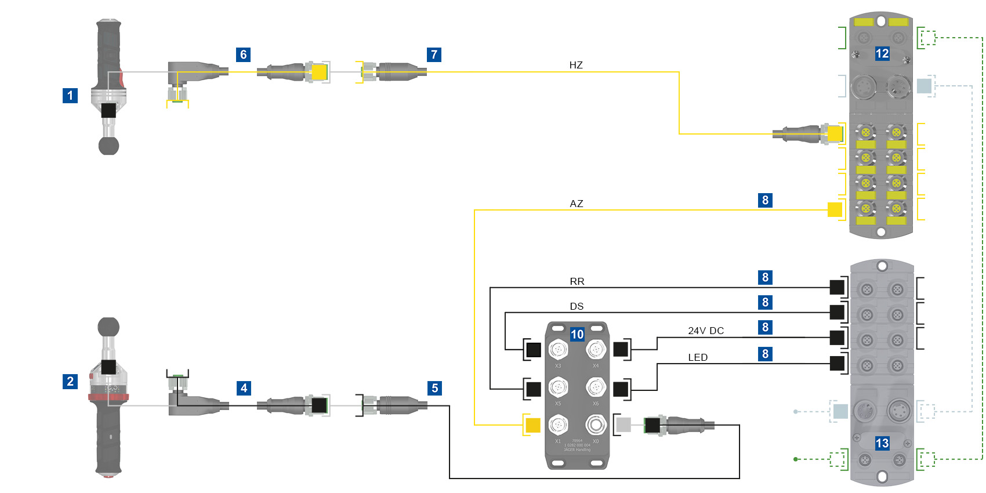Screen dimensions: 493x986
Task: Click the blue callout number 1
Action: pos(70,95)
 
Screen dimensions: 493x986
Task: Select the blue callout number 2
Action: pos(70,381)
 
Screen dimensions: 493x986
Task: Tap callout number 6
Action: pos(244,55)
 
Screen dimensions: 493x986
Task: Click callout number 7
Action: pos(434,55)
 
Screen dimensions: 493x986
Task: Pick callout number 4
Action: pos(244,388)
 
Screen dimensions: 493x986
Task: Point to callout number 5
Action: pos(434,388)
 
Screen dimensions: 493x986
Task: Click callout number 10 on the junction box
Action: pos(577,334)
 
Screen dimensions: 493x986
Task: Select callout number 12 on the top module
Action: pos(882,54)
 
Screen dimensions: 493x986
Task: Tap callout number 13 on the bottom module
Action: pos(882,443)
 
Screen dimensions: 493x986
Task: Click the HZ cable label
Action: pos(576,65)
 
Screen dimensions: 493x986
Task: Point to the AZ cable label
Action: pos(577,204)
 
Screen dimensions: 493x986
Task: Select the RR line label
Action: pos(577,281)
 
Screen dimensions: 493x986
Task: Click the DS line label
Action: pos(577,306)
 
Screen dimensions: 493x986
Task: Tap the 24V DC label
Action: pos(706,331)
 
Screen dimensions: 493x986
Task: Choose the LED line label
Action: pos(698,357)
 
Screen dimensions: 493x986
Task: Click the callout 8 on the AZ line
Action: pos(765,200)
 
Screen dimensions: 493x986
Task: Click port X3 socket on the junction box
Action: pos(558,350)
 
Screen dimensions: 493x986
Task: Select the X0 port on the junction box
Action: pos(595,425)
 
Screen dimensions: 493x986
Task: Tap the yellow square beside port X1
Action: pos(532,425)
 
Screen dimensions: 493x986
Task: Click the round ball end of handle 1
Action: pos(108,146)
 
